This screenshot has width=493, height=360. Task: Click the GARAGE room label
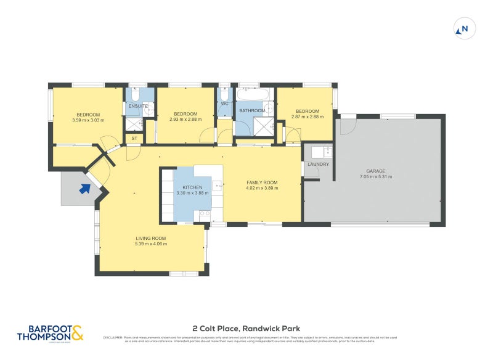pyautogui.click(x=375, y=171)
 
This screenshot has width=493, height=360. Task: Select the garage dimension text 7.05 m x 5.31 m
pyautogui.click(x=375, y=177)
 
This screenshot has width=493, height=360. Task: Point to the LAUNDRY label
pyautogui.click(x=318, y=164)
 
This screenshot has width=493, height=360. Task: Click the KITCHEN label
pyautogui.click(x=192, y=187)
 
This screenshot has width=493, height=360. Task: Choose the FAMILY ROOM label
pyautogui.click(x=262, y=182)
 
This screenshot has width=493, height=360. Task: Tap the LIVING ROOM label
pyautogui.click(x=151, y=238)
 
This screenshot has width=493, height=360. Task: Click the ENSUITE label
pyautogui.click(x=138, y=106)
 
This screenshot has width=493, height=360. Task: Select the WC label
pyautogui.click(x=224, y=104)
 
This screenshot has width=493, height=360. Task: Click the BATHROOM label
pyautogui.click(x=252, y=111)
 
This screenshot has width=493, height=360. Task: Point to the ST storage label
pyautogui.click(x=134, y=139)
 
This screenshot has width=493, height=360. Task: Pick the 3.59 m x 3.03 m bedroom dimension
pyautogui.click(x=88, y=120)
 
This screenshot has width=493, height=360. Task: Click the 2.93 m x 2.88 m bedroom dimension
pyautogui.click(x=185, y=120)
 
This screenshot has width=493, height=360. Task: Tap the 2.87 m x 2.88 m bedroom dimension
pyautogui.click(x=307, y=117)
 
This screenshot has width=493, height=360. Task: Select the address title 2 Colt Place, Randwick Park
pyautogui.click(x=246, y=329)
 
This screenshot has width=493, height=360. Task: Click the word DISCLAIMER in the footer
pyautogui.click(x=112, y=337)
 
